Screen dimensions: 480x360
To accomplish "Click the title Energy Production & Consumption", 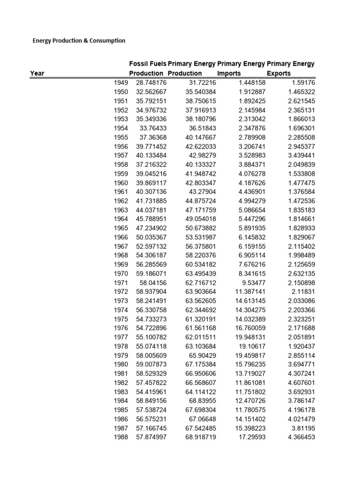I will (79, 41).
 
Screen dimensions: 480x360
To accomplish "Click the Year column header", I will (37, 73).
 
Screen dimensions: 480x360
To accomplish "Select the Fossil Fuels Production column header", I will (147, 68).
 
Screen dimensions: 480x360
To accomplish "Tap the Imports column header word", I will (229, 73).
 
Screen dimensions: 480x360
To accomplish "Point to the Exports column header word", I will (278, 73).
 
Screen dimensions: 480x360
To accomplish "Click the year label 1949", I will (121, 82).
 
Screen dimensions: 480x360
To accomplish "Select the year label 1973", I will (121, 300).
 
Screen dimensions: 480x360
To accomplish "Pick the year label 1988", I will (121, 437).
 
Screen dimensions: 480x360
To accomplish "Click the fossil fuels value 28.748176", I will (151, 82).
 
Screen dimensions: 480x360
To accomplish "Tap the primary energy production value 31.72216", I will (202, 82).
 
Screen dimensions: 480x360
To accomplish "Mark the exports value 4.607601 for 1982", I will (300, 382).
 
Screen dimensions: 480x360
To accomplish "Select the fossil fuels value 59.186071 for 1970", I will (151, 273).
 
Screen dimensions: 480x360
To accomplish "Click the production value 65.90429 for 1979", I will (202, 355).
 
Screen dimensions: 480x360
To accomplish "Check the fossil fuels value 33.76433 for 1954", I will (153, 128).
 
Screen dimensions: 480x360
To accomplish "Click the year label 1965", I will (121, 228).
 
